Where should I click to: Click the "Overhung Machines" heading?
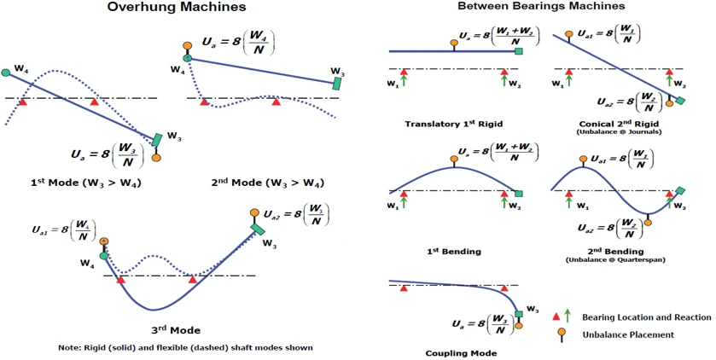point(177,8)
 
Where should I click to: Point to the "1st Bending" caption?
point(453,251)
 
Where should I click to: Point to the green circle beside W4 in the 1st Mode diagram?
point(6,73)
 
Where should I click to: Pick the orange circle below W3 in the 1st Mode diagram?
point(156,157)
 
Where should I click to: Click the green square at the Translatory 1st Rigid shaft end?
point(519,51)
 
